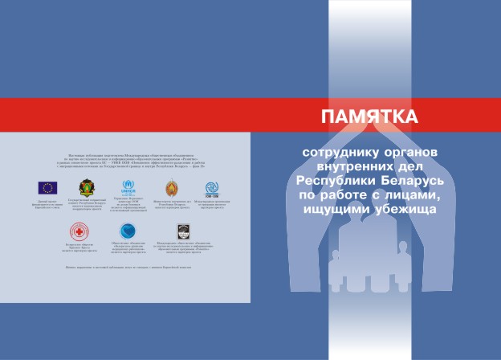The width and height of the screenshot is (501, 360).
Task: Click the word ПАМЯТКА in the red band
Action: [x=369, y=116]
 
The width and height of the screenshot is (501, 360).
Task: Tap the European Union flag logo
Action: [x=48, y=187]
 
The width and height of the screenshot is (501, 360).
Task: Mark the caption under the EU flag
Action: [x=48, y=205]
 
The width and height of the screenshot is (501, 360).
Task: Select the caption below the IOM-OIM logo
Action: [x=213, y=207]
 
